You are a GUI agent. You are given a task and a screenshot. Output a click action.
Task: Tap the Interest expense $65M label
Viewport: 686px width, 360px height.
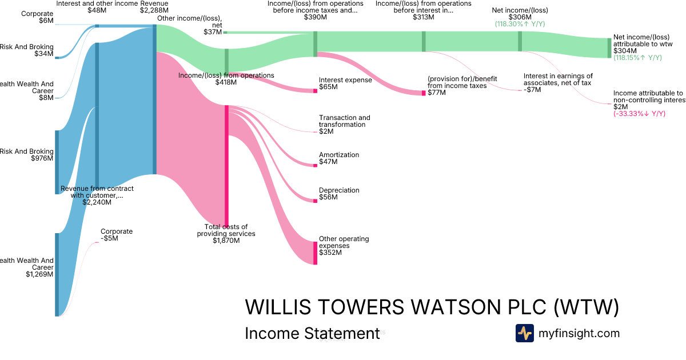click(345, 84)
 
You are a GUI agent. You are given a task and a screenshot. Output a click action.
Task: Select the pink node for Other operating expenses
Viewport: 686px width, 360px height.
click(315, 253)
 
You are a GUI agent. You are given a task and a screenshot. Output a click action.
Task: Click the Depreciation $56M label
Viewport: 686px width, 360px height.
click(339, 194)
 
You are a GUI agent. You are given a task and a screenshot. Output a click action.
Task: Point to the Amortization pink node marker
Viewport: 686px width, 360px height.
click(315, 165)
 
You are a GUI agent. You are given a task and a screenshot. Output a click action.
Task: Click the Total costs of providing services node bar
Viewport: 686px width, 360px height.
click(226, 166)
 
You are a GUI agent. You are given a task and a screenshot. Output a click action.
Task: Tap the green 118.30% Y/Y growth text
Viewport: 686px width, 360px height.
click(520, 25)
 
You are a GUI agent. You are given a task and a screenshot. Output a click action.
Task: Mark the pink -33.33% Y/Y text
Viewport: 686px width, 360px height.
click(639, 114)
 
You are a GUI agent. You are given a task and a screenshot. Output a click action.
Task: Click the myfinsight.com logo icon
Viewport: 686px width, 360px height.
click(524, 333)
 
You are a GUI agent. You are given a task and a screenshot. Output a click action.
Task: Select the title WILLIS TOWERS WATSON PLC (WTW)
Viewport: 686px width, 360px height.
click(432, 307)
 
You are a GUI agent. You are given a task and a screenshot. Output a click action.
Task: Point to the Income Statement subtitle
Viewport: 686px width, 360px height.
click(312, 333)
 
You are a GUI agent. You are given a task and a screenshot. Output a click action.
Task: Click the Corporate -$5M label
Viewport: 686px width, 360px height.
click(117, 235)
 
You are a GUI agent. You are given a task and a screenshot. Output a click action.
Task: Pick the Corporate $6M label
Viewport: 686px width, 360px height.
click(38, 17)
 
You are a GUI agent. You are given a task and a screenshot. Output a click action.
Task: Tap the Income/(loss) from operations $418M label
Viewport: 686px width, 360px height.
click(226, 79)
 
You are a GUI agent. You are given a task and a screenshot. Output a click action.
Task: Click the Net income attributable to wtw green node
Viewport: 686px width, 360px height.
click(609, 48)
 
